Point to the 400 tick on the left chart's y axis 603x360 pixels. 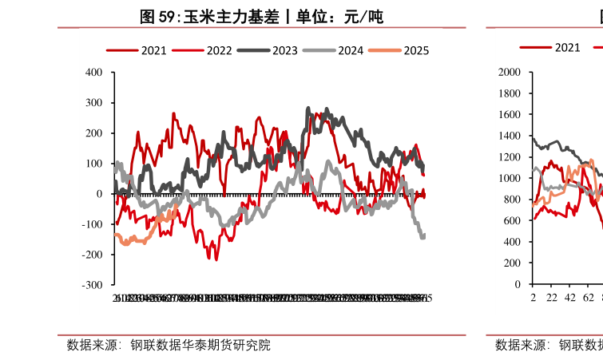pos(93,73)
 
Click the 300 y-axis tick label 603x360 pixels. pos(93,103)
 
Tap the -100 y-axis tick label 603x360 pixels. pos(92,224)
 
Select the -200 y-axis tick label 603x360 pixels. pos(92,255)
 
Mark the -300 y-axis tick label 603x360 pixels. pos(92,285)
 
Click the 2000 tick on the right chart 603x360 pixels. pos(509,73)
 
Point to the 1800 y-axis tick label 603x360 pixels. pos(509,93)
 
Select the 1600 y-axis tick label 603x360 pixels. pos(509,115)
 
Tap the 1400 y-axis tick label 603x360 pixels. pos(509,136)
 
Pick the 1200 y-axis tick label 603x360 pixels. pos(509,157)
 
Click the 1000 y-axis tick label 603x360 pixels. pos(509,179)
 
